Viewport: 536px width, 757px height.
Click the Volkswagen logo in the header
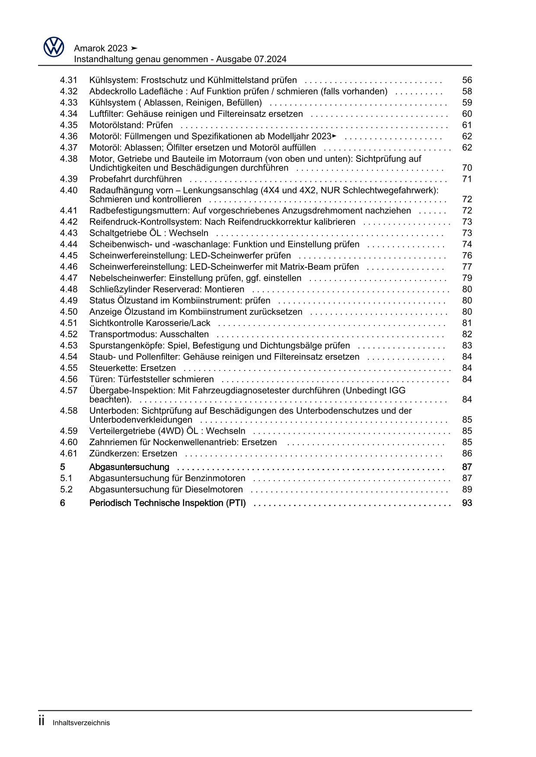point(54,47)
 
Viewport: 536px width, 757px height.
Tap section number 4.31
point(69,80)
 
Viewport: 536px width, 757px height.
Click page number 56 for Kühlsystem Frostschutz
point(467,80)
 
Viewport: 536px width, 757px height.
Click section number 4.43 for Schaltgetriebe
point(69,233)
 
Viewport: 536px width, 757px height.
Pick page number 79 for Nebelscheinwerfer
point(467,278)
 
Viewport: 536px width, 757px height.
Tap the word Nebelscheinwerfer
point(128,278)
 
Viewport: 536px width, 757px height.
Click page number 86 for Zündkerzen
point(467,453)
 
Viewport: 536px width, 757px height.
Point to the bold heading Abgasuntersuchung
point(129,467)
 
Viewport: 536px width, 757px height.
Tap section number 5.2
point(66,490)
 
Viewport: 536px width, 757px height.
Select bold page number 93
point(467,503)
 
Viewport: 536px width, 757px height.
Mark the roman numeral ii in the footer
point(42,722)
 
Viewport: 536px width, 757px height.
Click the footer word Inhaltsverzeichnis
point(81,723)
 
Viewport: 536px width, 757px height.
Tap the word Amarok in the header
point(88,48)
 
